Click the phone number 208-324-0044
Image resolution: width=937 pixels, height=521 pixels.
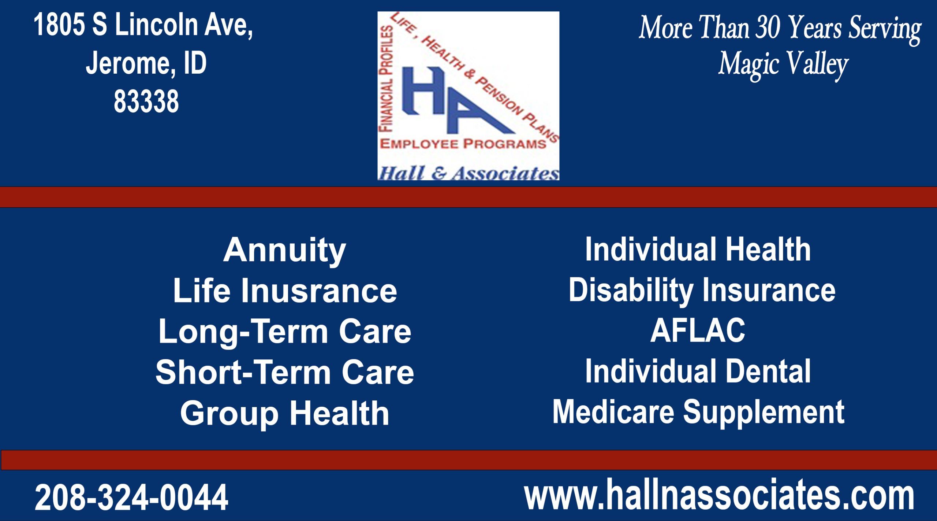131,497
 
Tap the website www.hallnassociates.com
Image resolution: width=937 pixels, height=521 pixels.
719,495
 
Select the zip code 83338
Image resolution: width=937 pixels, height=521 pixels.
146,101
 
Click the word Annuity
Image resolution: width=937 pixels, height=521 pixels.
284,251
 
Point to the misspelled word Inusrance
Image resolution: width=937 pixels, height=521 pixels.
318,291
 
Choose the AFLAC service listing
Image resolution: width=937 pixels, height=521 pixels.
698,330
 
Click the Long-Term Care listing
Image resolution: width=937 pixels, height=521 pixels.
284,332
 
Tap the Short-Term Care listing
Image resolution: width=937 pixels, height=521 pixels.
284,373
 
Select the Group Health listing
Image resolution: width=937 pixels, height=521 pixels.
284,413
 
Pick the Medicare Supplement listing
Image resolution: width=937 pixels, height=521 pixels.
698,412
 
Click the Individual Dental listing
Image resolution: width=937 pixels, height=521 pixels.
698,372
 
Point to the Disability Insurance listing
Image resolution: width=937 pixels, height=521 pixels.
702,290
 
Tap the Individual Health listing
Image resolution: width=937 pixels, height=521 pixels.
698,250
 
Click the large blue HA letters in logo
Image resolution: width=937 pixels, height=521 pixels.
450,99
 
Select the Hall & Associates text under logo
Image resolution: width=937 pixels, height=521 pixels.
468,173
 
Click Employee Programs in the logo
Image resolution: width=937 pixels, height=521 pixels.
463,144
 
